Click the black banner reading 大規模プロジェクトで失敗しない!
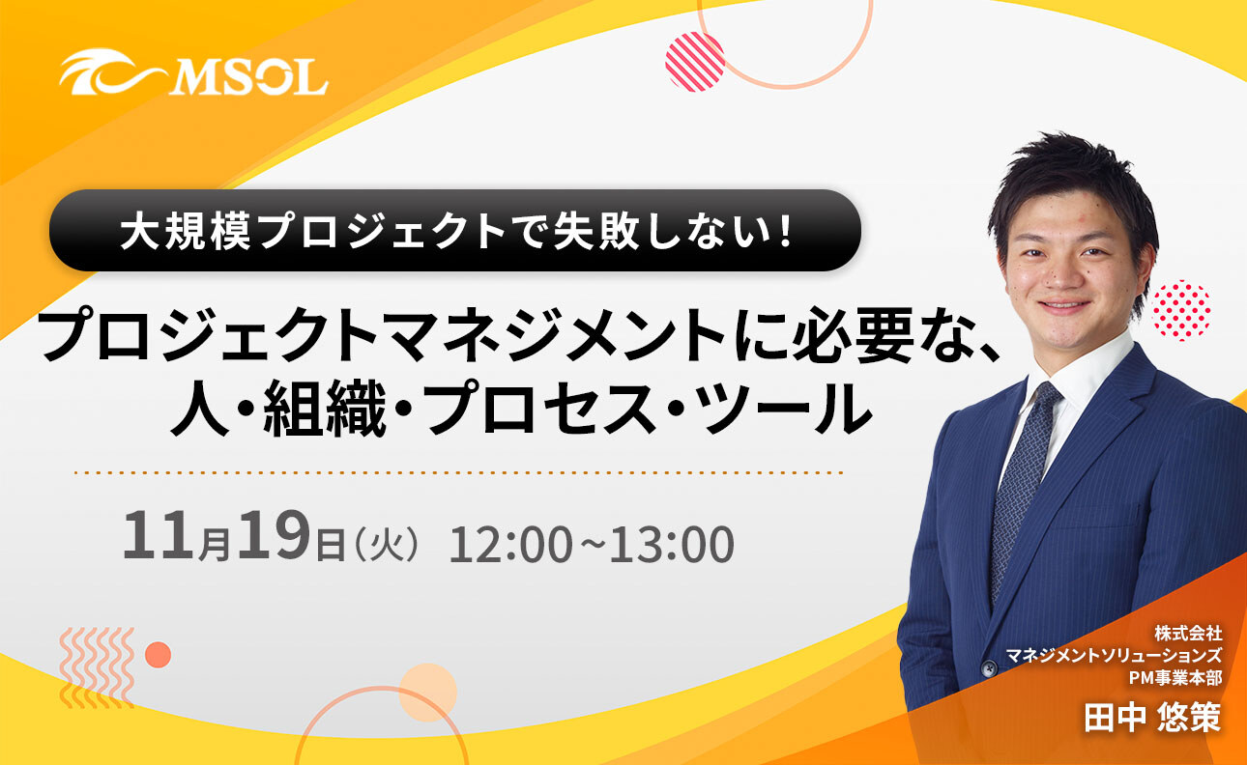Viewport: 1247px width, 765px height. (x=454, y=231)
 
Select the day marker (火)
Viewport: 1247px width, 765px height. (x=386, y=544)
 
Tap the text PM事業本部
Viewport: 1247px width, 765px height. (x=1174, y=678)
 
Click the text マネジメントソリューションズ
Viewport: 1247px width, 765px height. (x=1115, y=656)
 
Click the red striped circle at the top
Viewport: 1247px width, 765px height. (x=695, y=62)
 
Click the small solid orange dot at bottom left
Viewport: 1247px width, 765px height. (x=158, y=655)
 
